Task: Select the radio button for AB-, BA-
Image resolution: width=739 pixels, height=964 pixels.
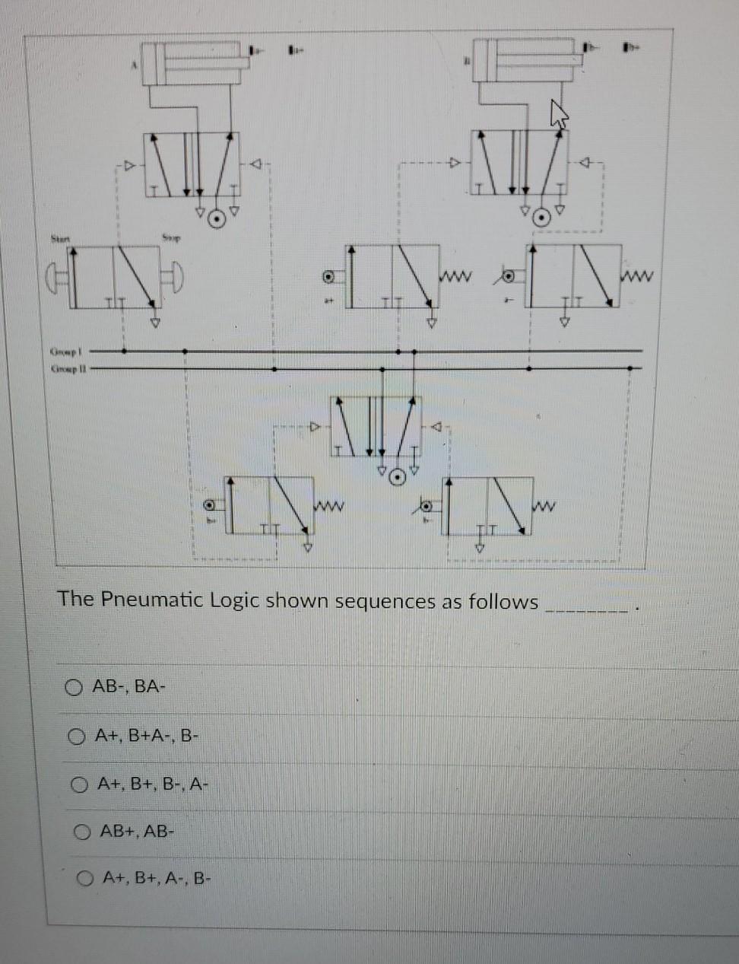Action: (x=74, y=688)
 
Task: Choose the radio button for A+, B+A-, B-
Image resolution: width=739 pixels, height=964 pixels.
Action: (x=76, y=737)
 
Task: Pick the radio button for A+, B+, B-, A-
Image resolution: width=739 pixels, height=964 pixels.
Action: (x=79, y=784)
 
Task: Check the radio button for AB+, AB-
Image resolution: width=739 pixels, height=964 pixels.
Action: (x=82, y=832)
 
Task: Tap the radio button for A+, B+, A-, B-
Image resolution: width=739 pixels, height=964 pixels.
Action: (x=84, y=880)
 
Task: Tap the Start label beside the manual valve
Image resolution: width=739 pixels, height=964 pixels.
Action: (x=60, y=240)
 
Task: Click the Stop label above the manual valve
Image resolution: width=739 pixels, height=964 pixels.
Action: (x=170, y=238)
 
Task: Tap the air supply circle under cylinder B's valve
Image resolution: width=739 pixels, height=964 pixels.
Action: (x=541, y=218)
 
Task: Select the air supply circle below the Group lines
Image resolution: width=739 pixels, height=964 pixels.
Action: (x=395, y=477)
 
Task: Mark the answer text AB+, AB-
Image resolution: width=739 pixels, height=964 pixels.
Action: (x=138, y=831)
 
